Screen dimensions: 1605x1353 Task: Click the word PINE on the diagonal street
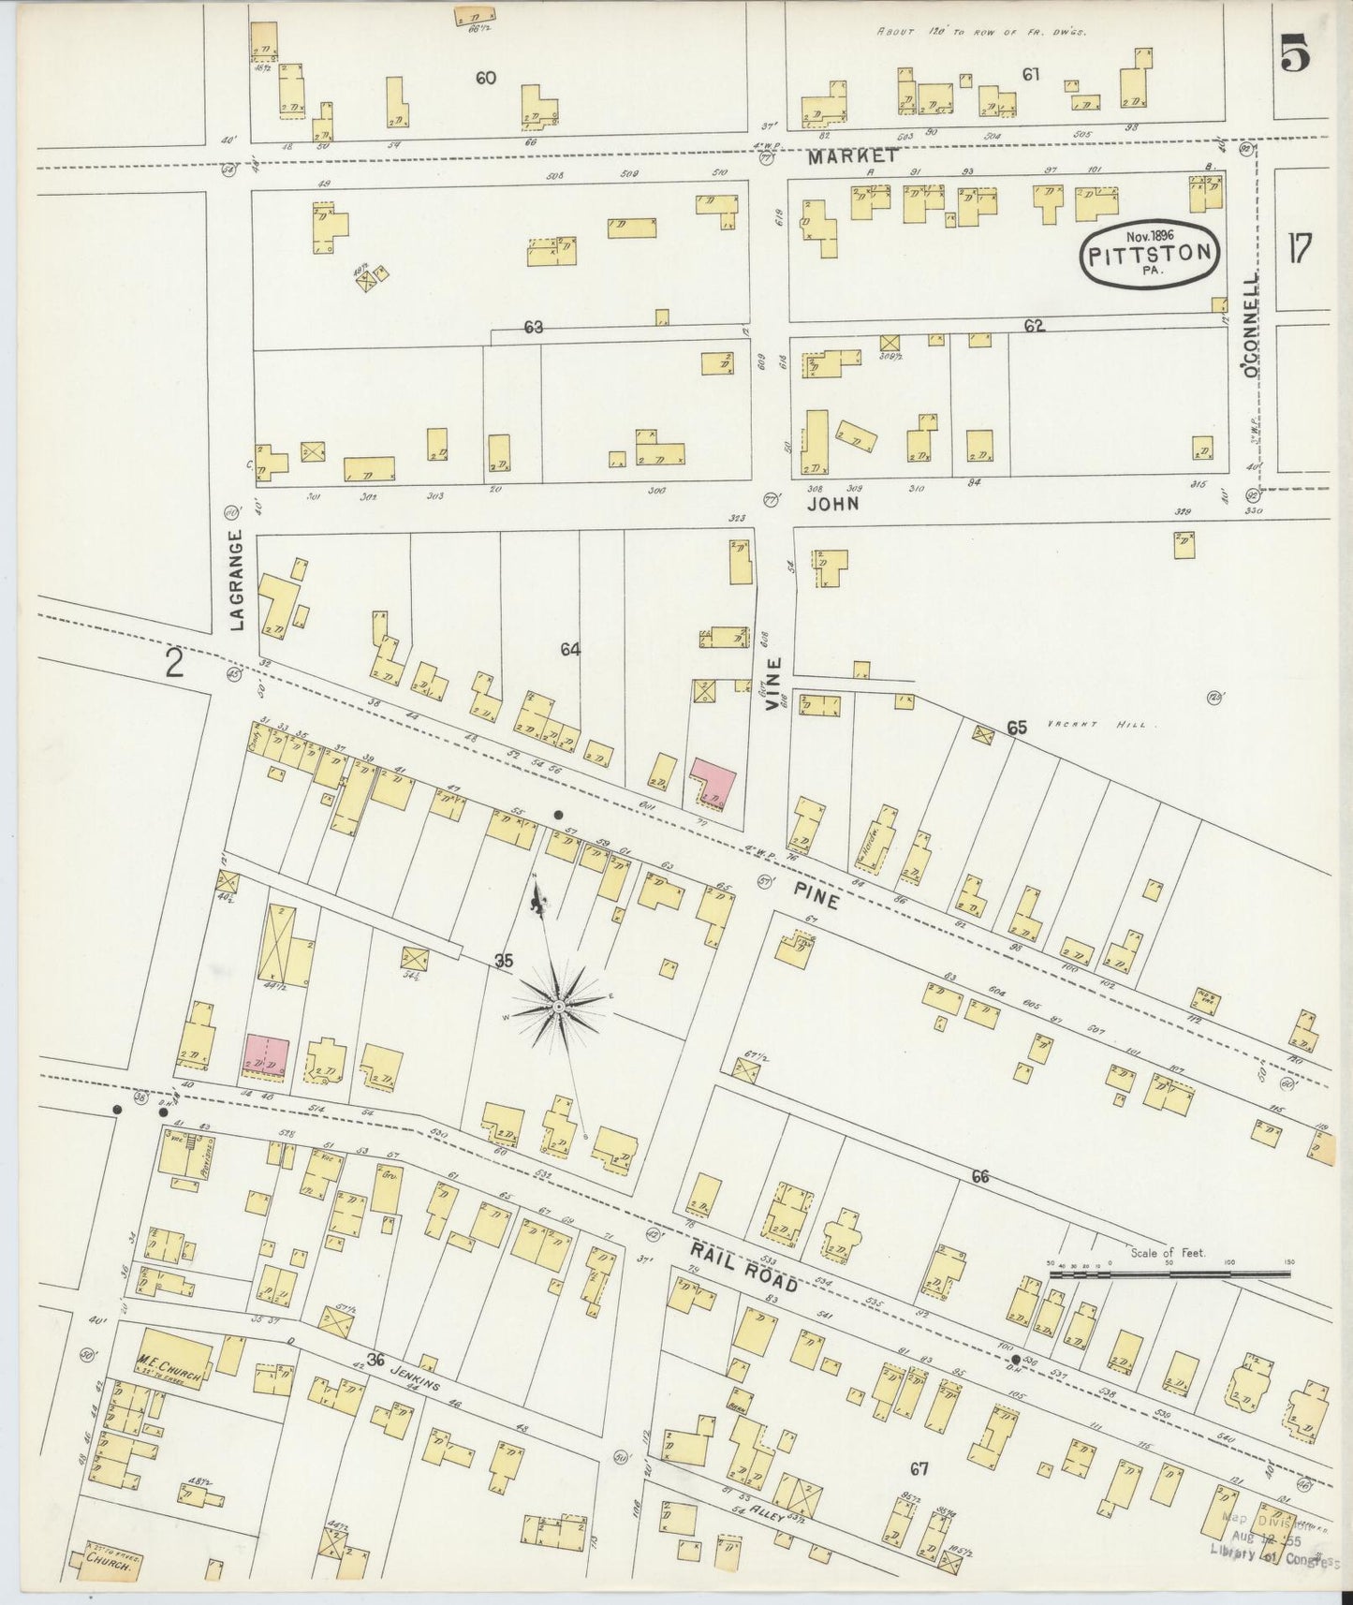[816, 895]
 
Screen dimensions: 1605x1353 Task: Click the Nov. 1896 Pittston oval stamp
[1151, 251]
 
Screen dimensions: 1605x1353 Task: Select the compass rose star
[558, 1006]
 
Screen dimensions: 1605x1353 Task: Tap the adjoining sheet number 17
[1299, 250]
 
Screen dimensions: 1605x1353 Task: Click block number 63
[534, 328]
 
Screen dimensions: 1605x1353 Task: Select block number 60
[485, 79]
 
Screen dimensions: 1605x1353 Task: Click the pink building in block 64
[713, 782]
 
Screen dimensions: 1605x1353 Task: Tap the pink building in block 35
[267, 1055]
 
